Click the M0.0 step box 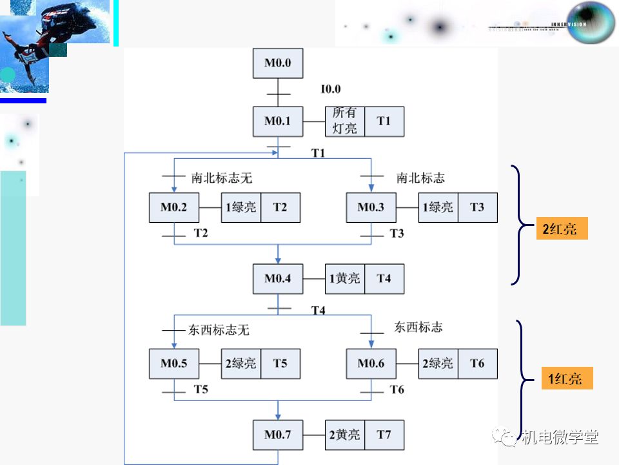click(x=277, y=63)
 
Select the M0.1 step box click(x=277, y=121)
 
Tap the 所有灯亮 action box click(x=344, y=121)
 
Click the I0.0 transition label click(x=331, y=89)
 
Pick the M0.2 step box click(x=173, y=207)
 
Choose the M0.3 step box click(x=371, y=207)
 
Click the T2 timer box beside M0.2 click(x=280, y=207)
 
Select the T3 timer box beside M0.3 click(x=477, y=207)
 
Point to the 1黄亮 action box click(x=344, y=278)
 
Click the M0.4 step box click(x=277, y=278)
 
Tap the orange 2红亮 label click(x=560, y=229)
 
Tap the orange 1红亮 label click(x=565, y=378)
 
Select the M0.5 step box click(x=173, y=364)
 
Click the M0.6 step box click(x=371, y=364)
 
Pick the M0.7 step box click(x=277, y=435)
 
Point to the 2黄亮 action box click(x=344, y=435)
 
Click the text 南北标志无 click(x=221, y=178)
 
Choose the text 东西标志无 click(x=219, y=330)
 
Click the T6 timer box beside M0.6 click(x=477, y=364)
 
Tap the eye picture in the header click(x=590, y=23)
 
